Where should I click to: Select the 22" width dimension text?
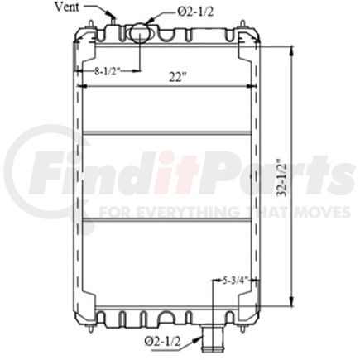178,75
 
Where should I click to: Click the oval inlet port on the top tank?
138,32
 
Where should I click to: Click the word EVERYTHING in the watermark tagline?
183,212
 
